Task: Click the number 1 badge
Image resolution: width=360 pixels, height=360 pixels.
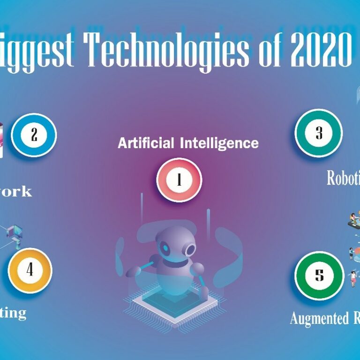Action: [x=179, y=180]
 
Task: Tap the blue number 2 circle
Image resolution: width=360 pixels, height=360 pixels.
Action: [x=34, y=135]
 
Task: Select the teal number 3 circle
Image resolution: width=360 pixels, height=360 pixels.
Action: [x=319, y=134]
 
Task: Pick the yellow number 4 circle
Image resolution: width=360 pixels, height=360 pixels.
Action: [x=30, y=270]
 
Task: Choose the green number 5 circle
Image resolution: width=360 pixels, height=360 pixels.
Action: [x=319, y=275]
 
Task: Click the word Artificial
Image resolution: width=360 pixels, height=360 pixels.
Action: [x=146, y=142]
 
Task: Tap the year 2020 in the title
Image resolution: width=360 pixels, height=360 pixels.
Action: [x=321, y=50]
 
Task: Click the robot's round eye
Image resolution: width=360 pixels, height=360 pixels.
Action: [x=190, y=250]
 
